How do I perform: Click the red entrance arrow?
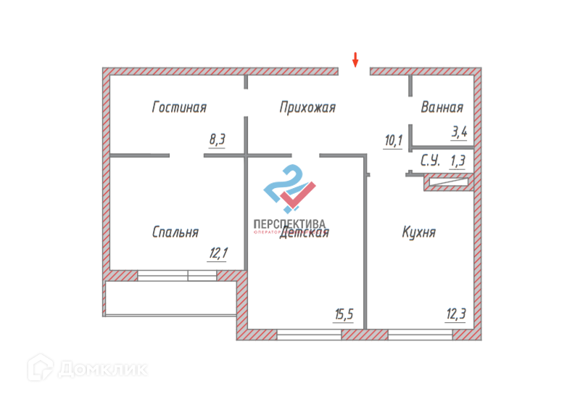(355, 59)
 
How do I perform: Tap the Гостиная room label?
(179, 107)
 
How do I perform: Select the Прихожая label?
(307, 107)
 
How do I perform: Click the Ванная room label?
(442, 107)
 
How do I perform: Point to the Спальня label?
(175, 232)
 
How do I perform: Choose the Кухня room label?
(419, 232)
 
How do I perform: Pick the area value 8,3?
(217, 140)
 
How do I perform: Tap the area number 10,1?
(393, 140)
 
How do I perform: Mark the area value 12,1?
(218, 253)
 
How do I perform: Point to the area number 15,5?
(344, 315)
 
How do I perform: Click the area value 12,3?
(455, 315)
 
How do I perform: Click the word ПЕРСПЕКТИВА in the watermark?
(289, 224)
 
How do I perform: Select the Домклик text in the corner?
(102, 370)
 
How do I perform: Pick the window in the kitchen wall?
(420, 335)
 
